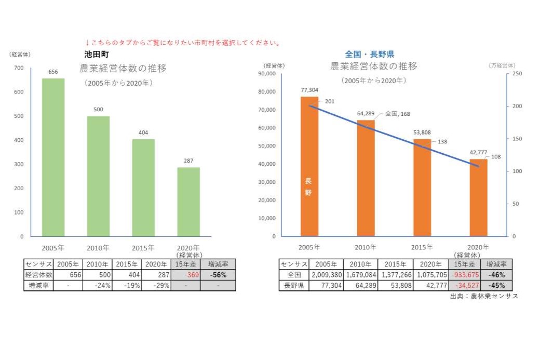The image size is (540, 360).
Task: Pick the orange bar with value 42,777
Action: click(478, 197)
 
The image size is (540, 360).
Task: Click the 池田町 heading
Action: click(96, 54)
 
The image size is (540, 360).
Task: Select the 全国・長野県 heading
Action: click(369, 54)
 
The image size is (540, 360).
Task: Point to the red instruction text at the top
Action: click(183, 43)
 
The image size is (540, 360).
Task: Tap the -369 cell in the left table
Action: click(185, 275)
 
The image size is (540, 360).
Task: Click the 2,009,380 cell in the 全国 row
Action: click(326, 275)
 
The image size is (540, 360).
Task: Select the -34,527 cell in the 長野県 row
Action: click(465, 286)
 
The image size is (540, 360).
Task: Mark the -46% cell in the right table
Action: click(497, 275)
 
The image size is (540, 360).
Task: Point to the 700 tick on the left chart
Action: click(19, 68)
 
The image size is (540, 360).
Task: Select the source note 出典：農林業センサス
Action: click(484, 296)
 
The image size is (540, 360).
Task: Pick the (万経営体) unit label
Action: click(502, 65)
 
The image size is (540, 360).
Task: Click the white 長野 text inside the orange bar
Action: click(309, 186)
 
